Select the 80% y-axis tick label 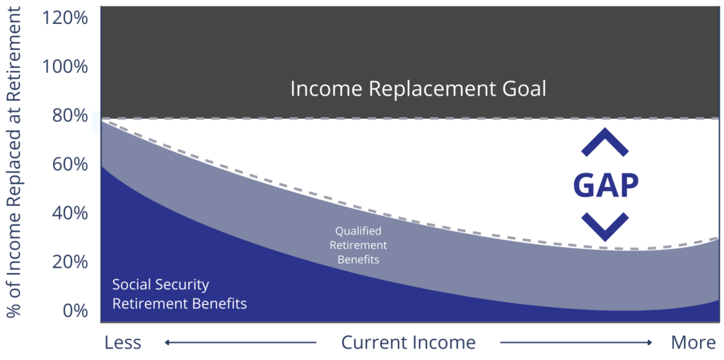coord(68,115)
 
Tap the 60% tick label coord(68,164)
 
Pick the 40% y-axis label coord(68,213)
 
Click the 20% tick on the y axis coord(68,262)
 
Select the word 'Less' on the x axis coord(123,343)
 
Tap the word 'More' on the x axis coord(694,343)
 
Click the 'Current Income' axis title coord(408,343)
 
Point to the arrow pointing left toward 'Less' coord(240,343)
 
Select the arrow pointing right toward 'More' coord(576,343)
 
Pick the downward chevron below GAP coord(605,226)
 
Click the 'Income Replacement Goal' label coord(419,90)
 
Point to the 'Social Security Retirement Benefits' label coord(180,294)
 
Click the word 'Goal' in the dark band coord(520,90)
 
